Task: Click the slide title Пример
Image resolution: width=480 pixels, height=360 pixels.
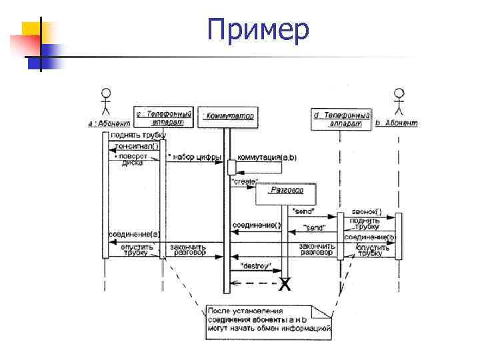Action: tap(257, 31)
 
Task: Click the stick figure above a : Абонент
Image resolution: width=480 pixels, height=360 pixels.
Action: tap(105, 102)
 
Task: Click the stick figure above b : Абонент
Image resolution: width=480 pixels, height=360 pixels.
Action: tap(399, 102)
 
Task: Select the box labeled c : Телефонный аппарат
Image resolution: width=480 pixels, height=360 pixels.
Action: tap(163, 118)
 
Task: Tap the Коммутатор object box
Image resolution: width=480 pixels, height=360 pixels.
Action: tap(228, 117)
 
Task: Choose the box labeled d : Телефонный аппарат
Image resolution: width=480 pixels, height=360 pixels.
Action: tap(341, 119)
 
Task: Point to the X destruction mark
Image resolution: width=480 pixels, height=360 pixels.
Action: tap(285, 285)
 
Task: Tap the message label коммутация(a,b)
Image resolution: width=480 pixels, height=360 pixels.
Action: tap(267, 157)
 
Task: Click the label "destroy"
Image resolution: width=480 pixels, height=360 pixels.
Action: tap(256, 266)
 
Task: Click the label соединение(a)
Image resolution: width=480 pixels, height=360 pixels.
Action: tap(134, 235)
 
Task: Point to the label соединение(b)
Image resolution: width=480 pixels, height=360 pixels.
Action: tap(370, 237)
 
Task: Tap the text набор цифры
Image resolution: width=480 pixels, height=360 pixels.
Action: tap(194, 157)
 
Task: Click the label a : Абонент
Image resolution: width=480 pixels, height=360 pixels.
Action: tap(109, 123)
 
